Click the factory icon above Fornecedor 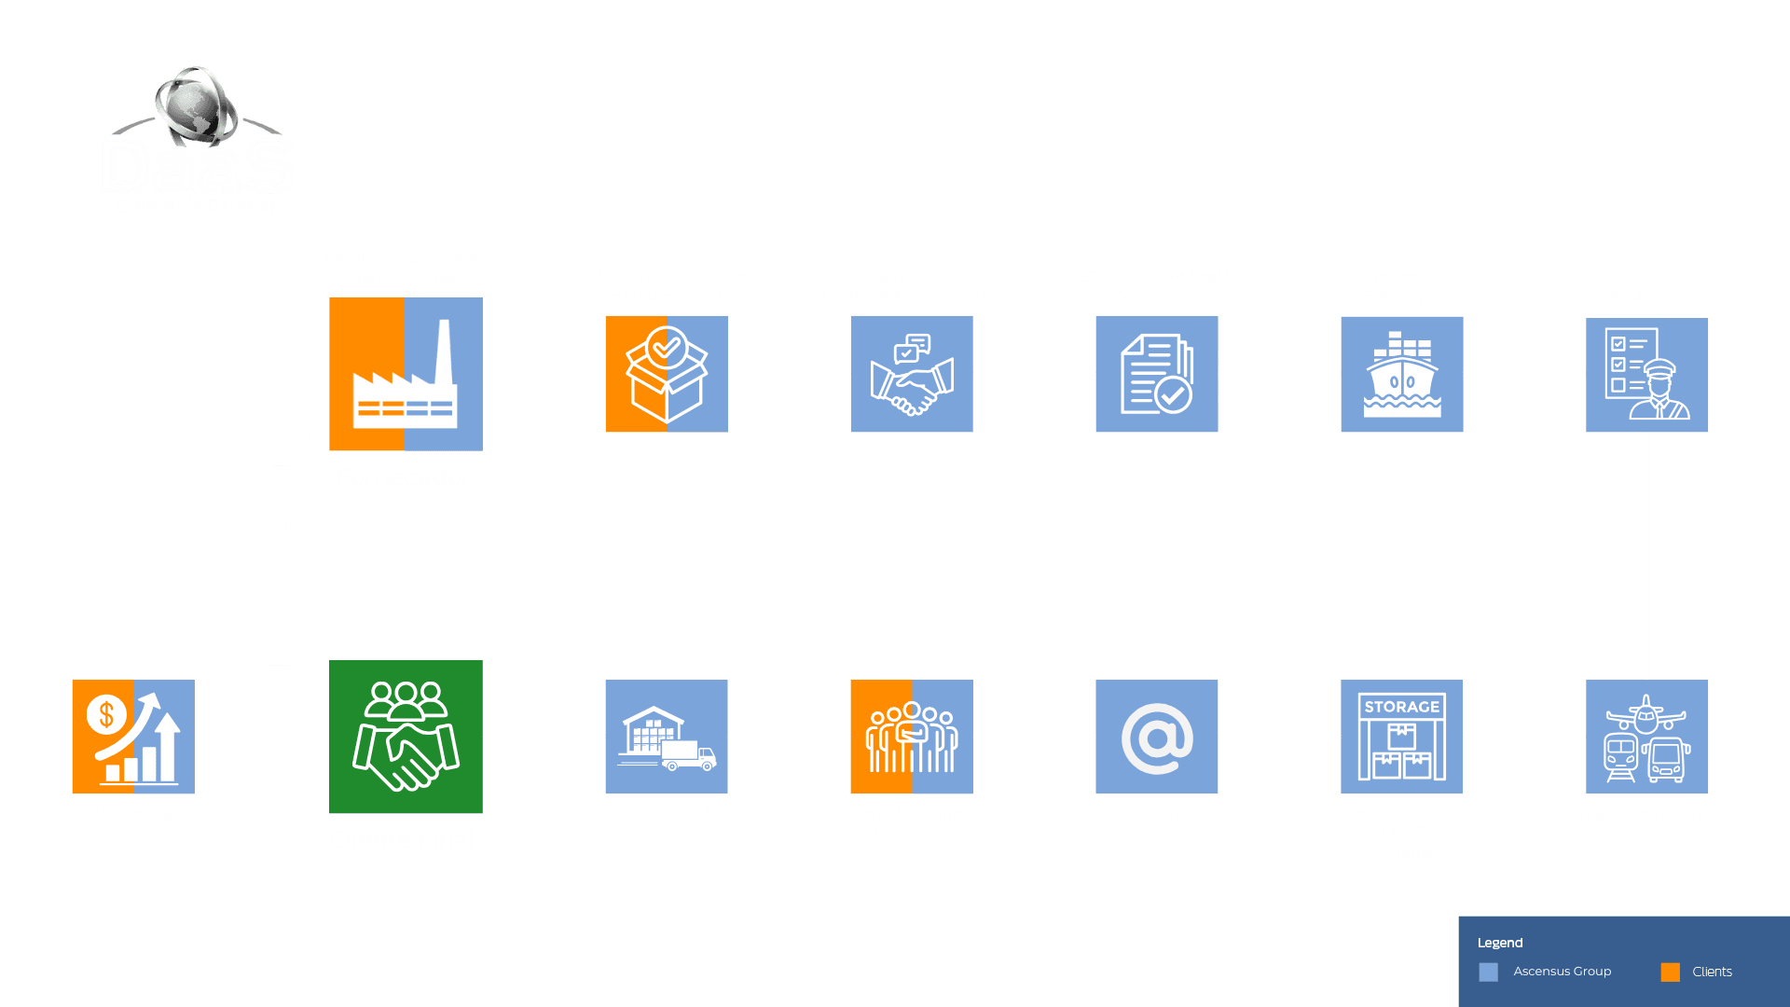tap(406, 374)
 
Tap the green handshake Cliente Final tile tap(406, 736)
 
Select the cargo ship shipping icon tap(1401, 374)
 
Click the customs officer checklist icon tap(1646, 375)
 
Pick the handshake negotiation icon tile tap(911, 374)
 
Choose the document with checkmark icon tap(1156, 374)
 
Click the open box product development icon tap(667, 374)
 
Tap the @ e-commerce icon tap(1156, 737)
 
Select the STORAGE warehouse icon tap(1401, 737)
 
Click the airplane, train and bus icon tap(1646, 737)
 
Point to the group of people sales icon tap(911, 737)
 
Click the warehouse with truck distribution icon tap(667, 737)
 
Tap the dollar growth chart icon tap(133, 737)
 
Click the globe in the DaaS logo tap(196, 108)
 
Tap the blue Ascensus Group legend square tap(1488, 973)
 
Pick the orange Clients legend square tap(1670, 973)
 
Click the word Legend tap(1499, 943)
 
